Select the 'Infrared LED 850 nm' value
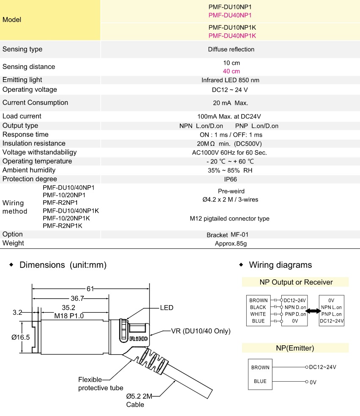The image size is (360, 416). click(x=231, y=80)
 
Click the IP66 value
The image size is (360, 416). click(x=231, y=179)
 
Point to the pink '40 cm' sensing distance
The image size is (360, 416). click(x=231, y=71)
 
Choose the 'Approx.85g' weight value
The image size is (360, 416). click(x=231, y=243)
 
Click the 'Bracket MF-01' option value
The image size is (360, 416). click(x=231, y=234)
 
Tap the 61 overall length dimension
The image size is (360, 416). click(x=90, y=289)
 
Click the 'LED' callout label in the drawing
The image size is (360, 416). click(x=167, y=308)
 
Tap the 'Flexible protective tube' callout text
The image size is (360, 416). click(x=101, y=383)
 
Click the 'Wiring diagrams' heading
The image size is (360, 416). click(x=280, y=265)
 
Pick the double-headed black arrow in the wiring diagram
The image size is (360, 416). click(x=313, y=311)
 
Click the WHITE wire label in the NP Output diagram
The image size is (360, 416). click(x=258, y=314)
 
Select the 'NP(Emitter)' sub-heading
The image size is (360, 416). click(x=295, y=348)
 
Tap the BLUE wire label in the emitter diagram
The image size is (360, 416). click(x=260, y=381)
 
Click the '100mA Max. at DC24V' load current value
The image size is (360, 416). click(x=231, y=116)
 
